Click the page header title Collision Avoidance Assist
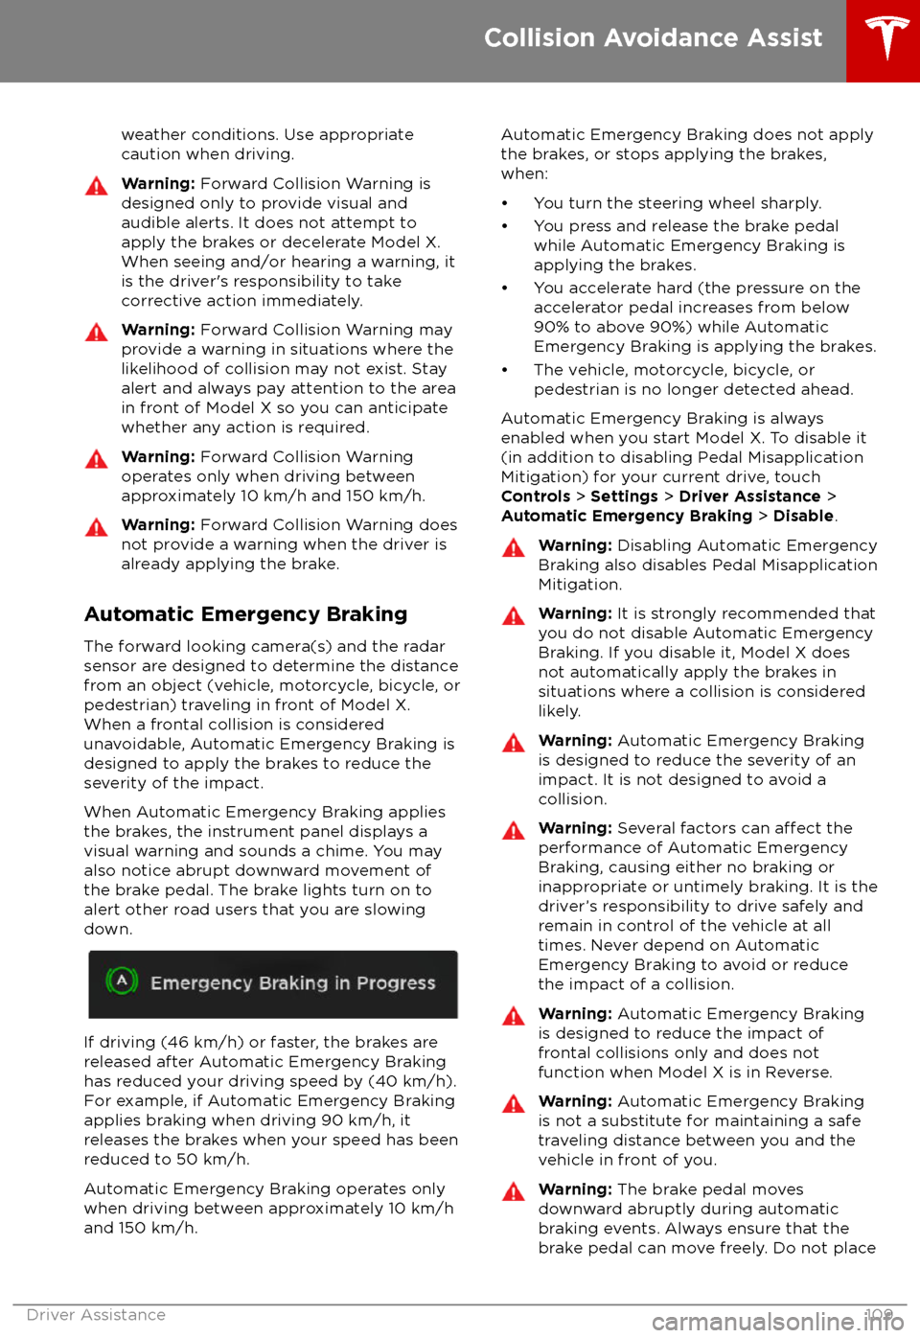(653, 38)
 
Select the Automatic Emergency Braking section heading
(245, 614)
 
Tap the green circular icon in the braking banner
(122, 980)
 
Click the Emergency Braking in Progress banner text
(292, 983)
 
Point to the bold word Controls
(536, 496)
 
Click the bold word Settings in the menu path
(624, 496)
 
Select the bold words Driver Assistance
(749, 496)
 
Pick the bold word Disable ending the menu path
(803, 516)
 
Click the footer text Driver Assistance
(96, 1315)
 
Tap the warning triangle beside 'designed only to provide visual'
(97, 186)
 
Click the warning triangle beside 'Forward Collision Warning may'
(97, 333)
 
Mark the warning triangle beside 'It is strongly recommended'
(514, 616)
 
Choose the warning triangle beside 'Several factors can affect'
(514, 831)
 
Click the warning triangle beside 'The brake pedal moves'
(514, 1192)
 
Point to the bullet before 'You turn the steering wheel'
(505, 204)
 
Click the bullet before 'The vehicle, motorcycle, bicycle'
(505, 371)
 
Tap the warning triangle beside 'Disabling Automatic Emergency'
(514, 548)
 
